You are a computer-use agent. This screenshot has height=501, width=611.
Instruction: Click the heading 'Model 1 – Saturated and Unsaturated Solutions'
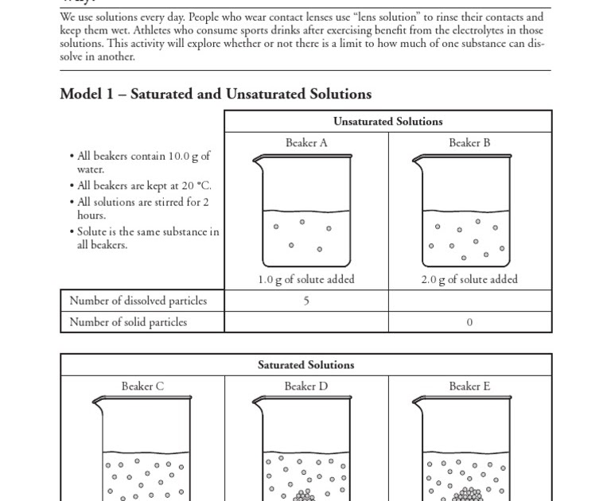pyautogui.click(x=216, y=94)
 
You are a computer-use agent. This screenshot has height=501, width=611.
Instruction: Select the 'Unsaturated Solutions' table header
pyautogui.click(x=388, y=122)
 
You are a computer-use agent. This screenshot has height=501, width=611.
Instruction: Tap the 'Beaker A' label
pyautogui.click(x=306, y=143)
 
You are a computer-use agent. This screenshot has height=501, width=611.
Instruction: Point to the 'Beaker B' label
pyautogui.click(x=469, y=143)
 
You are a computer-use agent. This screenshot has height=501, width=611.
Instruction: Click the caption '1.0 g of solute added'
pyautogui.click(x=306, y=279)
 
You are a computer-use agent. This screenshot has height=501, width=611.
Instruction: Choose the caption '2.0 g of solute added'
pyautogui.click(x=469, y=279)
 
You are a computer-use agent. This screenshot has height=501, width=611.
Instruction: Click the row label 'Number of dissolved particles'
pyautogui.click(x=138, y=301)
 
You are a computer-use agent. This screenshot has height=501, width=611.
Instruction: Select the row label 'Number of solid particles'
pyautogui.click(x=128, y=322)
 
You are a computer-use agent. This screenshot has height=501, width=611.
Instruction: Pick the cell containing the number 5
pyautogui.click(x=306, y=301)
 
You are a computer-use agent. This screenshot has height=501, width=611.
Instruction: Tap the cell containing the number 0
pyautogui.click(x=469, y=322)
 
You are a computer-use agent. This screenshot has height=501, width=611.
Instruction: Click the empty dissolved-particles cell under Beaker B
pyautogui.click(x=469, y=301)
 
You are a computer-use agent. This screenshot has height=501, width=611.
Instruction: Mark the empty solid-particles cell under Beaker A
pyautogui.click(x=306, y=322)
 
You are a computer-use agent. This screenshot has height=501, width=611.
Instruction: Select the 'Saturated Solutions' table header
pyautogui.click(x=306, y=365)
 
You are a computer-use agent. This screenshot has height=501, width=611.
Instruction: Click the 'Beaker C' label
pyautogui.click(x=142, y=386)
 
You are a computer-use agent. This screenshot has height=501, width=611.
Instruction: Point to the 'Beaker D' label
pyautogui.click(x=306, y=386)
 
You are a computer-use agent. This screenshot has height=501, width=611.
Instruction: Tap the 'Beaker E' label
pyautogui.click(x=469, y=386)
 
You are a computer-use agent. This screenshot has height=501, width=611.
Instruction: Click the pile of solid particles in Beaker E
pyautogui.click(x=469, y=495)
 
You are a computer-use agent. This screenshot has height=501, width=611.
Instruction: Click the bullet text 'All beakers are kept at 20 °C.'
pyautogui.click(x=144, y=185)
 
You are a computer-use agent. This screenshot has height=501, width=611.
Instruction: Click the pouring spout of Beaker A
pyautogui.click(x=257, y=160)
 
